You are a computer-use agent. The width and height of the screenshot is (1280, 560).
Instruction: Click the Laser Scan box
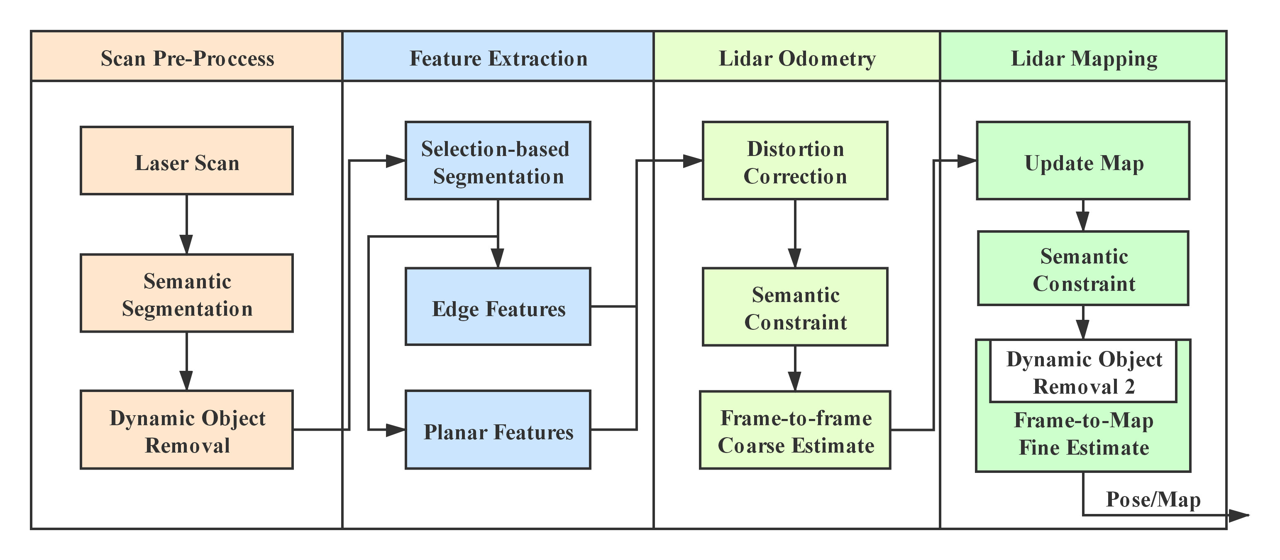(x=187, y=161)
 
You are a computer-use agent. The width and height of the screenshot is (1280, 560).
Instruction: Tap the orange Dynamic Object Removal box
(x=187, y=430)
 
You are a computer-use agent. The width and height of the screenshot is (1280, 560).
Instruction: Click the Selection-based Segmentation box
(x=498, y=161)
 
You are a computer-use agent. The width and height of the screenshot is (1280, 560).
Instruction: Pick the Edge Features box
(x=498, y=307)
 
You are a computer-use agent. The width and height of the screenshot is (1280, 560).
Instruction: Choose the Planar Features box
(x=498, y=430)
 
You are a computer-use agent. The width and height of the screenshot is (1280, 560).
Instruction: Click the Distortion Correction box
(x=795, y=161)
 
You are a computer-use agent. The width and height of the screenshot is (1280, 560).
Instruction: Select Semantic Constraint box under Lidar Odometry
(x=795, y=307)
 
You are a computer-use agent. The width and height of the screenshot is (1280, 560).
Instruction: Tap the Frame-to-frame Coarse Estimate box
(x=795, y=430)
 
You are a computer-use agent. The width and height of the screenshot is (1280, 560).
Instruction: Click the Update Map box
(x=1083, y=161)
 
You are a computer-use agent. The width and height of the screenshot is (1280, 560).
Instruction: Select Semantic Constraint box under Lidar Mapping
(x=1083, y=268)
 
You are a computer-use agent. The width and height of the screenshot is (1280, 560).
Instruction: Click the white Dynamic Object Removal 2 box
(x=1083, y=371)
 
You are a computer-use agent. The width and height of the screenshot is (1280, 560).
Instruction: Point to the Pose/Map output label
(x=1153, y=499)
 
